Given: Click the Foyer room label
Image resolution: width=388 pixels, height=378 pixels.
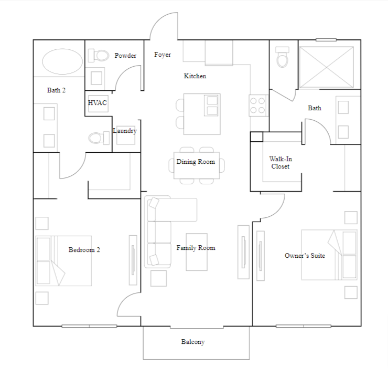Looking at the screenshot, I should point(163,55).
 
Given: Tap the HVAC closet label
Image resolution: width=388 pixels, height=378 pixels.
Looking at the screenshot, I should point(98,103).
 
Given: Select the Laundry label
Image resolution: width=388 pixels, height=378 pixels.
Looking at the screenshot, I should point(125,131).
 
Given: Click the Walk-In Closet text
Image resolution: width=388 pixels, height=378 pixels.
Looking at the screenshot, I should point(280,162).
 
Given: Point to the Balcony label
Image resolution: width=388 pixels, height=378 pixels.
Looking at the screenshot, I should point(193,342).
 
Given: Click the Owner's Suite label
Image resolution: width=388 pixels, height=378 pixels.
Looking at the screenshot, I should point(305,256).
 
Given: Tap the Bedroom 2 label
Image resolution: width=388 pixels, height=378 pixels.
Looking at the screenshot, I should point(84,250).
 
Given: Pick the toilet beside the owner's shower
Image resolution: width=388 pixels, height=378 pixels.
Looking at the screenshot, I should point(283,57).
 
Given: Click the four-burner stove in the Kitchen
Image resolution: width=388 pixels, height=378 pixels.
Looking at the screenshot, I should point(258,104).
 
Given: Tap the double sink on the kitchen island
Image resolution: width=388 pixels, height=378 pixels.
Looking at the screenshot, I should point(212,105).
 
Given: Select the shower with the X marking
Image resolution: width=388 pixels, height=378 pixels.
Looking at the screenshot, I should point(326,66).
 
